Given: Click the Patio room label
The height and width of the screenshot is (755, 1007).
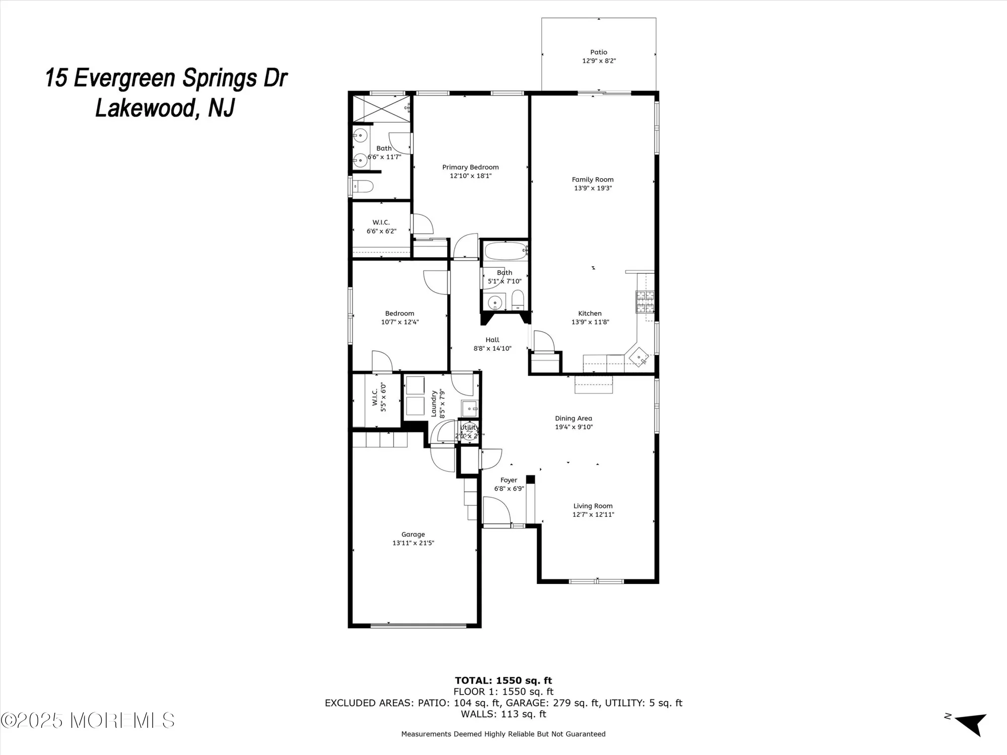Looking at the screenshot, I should point(599,52).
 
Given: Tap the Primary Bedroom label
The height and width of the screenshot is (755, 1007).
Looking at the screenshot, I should point(470,167).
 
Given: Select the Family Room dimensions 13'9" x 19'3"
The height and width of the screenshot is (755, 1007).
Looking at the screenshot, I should point(593,188).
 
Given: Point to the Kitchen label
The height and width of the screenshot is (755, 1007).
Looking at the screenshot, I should point(590,313).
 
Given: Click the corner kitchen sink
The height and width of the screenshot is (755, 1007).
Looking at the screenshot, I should point(639,357).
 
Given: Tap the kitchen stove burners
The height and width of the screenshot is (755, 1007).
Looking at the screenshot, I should point(645,302).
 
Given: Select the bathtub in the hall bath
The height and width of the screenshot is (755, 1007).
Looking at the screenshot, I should point(505,250).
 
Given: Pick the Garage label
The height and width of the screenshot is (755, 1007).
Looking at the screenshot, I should point(413,535).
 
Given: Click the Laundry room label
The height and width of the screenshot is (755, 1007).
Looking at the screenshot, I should point(434,403).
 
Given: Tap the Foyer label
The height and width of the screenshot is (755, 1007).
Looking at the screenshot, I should point(509,480).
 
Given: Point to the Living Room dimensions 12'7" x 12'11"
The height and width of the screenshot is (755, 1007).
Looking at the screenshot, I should point(593,514).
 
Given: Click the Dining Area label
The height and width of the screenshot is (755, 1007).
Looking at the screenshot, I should point(573,418).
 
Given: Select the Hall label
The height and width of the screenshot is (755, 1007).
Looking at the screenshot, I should point(492,340).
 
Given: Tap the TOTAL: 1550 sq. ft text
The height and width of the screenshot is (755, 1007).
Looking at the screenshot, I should point(503,681).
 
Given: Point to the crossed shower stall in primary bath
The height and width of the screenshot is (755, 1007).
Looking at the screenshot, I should point(380,108).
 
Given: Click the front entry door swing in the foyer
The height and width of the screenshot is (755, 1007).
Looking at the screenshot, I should point(496,510).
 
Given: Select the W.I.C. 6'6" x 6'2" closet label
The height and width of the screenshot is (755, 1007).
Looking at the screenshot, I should point(381,226).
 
